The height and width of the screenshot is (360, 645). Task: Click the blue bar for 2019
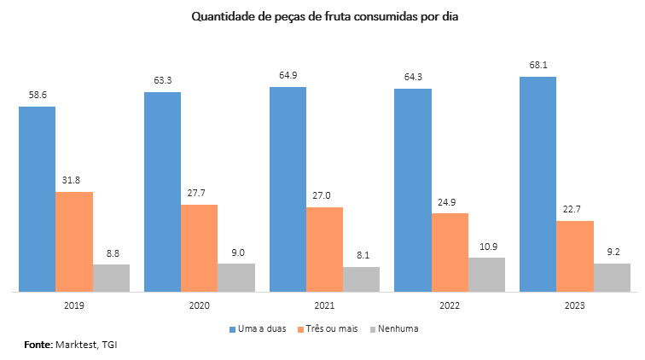point(37,199)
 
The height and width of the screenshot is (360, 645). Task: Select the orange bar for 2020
point(199,248)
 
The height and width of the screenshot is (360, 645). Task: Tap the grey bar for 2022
point(486,275)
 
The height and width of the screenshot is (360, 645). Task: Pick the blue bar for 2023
point(537,184)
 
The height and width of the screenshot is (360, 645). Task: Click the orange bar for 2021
point(324,249)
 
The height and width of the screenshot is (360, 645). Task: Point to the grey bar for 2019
point(111,278)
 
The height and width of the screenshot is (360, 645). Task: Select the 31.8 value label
point(74,179)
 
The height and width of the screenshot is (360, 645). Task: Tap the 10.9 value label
point(487,245)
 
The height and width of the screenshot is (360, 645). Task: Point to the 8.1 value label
point(362,254)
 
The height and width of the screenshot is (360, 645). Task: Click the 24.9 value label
point(450,201)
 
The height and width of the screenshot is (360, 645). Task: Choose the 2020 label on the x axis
point(199,305)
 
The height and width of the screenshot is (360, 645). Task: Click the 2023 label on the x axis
point(575,305)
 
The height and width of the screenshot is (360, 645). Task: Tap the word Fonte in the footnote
point(38,345)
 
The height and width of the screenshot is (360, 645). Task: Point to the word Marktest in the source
point(76,345)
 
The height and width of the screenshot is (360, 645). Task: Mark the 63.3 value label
point(162,80)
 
